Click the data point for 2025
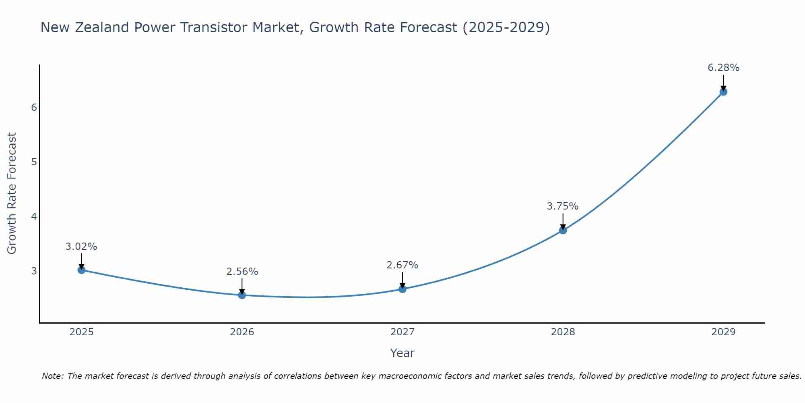point(81,270)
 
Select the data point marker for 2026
point(242,295)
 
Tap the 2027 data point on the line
point(402,289)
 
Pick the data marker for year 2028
point(563,230)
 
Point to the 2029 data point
point(723,92)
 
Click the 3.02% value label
point(81,247)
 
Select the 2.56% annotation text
point(242,272)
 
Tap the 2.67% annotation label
point(402,265)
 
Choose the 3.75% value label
point(563,206)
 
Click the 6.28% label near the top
point(723,68)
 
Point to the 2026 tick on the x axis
point(242,332)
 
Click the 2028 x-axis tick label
point(563,332)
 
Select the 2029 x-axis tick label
point(723,332)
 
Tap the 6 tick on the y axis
point(34,108)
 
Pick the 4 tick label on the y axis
point(34,217)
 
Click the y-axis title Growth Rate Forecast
point(12,193)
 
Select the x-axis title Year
point(402,353)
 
